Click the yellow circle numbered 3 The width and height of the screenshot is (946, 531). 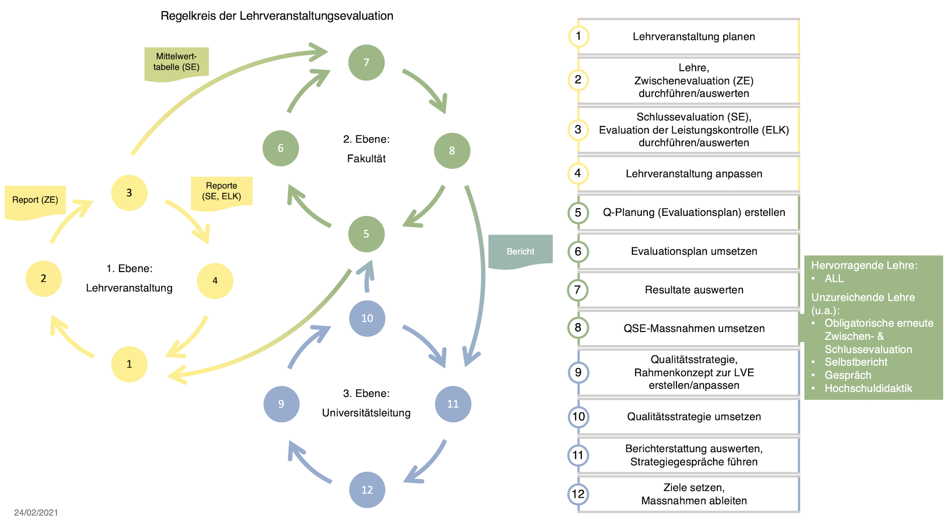pyautogui.click(x=129, y=192)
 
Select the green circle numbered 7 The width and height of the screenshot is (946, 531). pyautogui.click(x=366, y=62)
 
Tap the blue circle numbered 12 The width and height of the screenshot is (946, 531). pyautogui.click(x=367, y=490)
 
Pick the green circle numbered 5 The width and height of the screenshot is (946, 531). pyautogui.click(x=366, y=234)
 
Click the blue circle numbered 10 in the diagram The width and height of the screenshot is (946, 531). pyautogui.click(x=367, y=318)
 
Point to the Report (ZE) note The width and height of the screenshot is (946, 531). pyautogui.click(x=35, y=200)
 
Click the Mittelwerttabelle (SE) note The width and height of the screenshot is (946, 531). pyautogui.click(x=176, y=62)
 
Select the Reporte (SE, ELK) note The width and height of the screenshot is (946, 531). pyautogui.click(x=222, y=191)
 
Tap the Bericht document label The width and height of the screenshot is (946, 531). pyautogui.click(x=520, y=251)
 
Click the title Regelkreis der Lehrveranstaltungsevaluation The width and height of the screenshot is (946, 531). pyautogui.click(x=277, y=16)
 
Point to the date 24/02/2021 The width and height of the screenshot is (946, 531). pyautogui.click(x=36, y=512)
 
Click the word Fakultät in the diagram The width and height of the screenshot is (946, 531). pyautogui.click(x=366, y=159)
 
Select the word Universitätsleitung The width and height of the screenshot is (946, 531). pyautogui.click(x=366, y=413)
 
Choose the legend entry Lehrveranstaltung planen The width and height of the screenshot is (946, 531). pyautogui.click(x=694, y=37)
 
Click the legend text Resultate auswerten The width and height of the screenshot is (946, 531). pyautogui.click(x=694, y=290)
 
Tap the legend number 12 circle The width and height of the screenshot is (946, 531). pyautogui.click(x=578, y=494)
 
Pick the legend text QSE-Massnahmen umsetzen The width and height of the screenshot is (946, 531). pyautogui.click(x=694, y=329)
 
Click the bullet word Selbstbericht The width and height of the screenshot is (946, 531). pyautogui.click(x=856, y=362)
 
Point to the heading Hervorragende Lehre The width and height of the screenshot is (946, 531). pyautogui.click(x=864, y=265)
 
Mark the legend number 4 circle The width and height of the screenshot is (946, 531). pyautogui.click(x=578, y=173)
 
